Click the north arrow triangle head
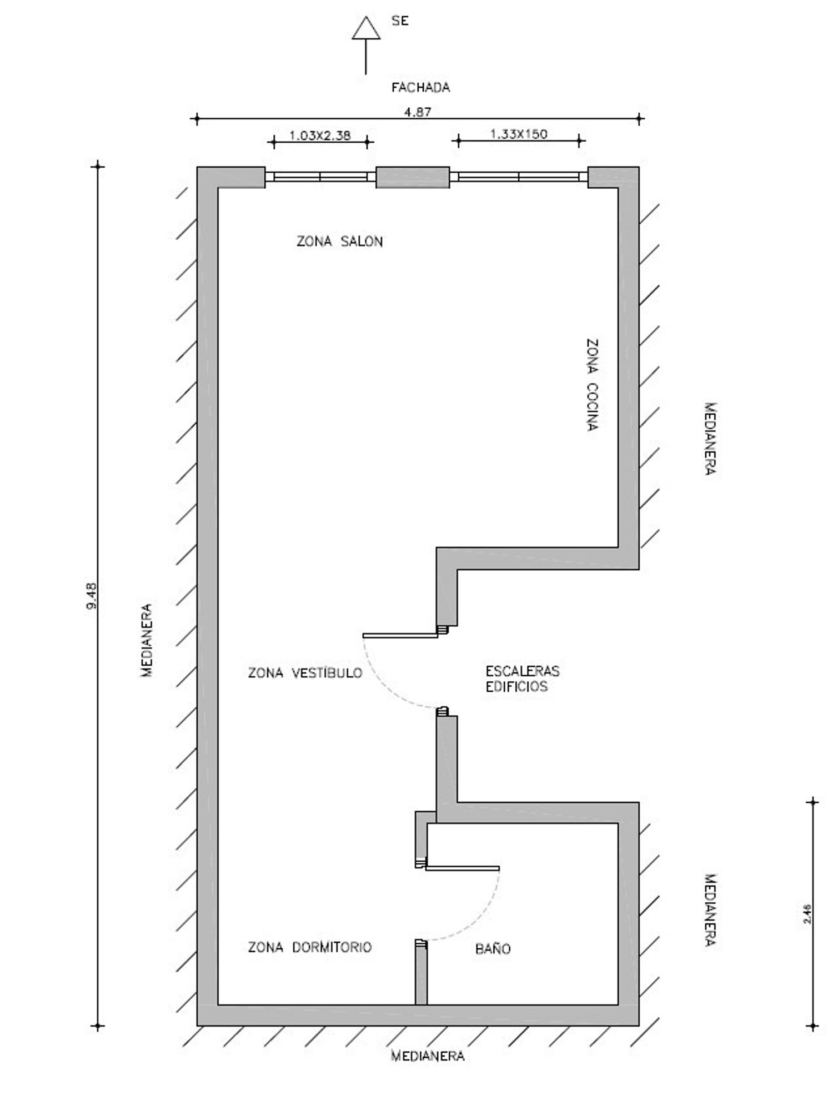pyautogui.click(x=366, y=28)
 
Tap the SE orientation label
pyautogui.click(x=400, y=21)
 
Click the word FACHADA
pyautogui.click(x=420, y=88)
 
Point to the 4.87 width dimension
pyautogui.click(x=418, y=112)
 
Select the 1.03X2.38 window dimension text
pyautogui.click(x=320, y=135)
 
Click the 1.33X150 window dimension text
pyautogui.click(x=519, y=134)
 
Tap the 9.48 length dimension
pyautogui.click(x=92, y=595)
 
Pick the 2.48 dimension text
pyautogui.click(x=807, y=913)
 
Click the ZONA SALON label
pyautogui.click(x=339, y=242)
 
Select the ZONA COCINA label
pyautogui.click(x=593, y=385)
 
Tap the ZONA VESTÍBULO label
pyautogui.click(x=305, y=673)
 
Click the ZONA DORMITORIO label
pyautogui.click(x=310, y=947)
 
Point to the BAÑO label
pyautogui.click(x=493, y=948)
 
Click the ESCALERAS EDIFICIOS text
pyautogui.click(x=523, y=678)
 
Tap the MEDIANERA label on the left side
pyautogui.click(x=147, y=640)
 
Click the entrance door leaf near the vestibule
pyautogui.click(x=400, y=635)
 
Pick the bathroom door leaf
pyautogui.click(x=463, y=868)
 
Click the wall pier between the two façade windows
pyautogui.click(x=413, y=177)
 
